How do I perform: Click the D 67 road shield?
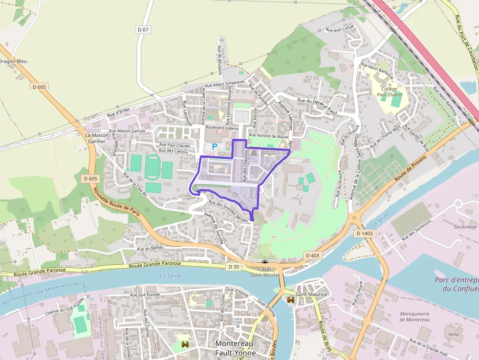pyautogui.click(x=143, y=30)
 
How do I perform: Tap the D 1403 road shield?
pyautogui.click(x=365, y=233)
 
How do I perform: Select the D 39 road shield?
pyautogui.click(x=234, y=266)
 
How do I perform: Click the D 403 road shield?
pyautogui.click(x=312, y=255)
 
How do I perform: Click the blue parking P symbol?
pyautogui.click(x=214, y=146)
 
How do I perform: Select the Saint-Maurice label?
pyautogui.click(x=310, y=295)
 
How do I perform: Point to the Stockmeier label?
pyautogui.click(x=465, y=227)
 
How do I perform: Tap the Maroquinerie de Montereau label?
pyautogui.click(x=414, y=316)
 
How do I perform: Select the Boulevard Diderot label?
pyautogui.click(x=222, y=127)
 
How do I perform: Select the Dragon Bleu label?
pyautogui.click(x=13, y=61)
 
